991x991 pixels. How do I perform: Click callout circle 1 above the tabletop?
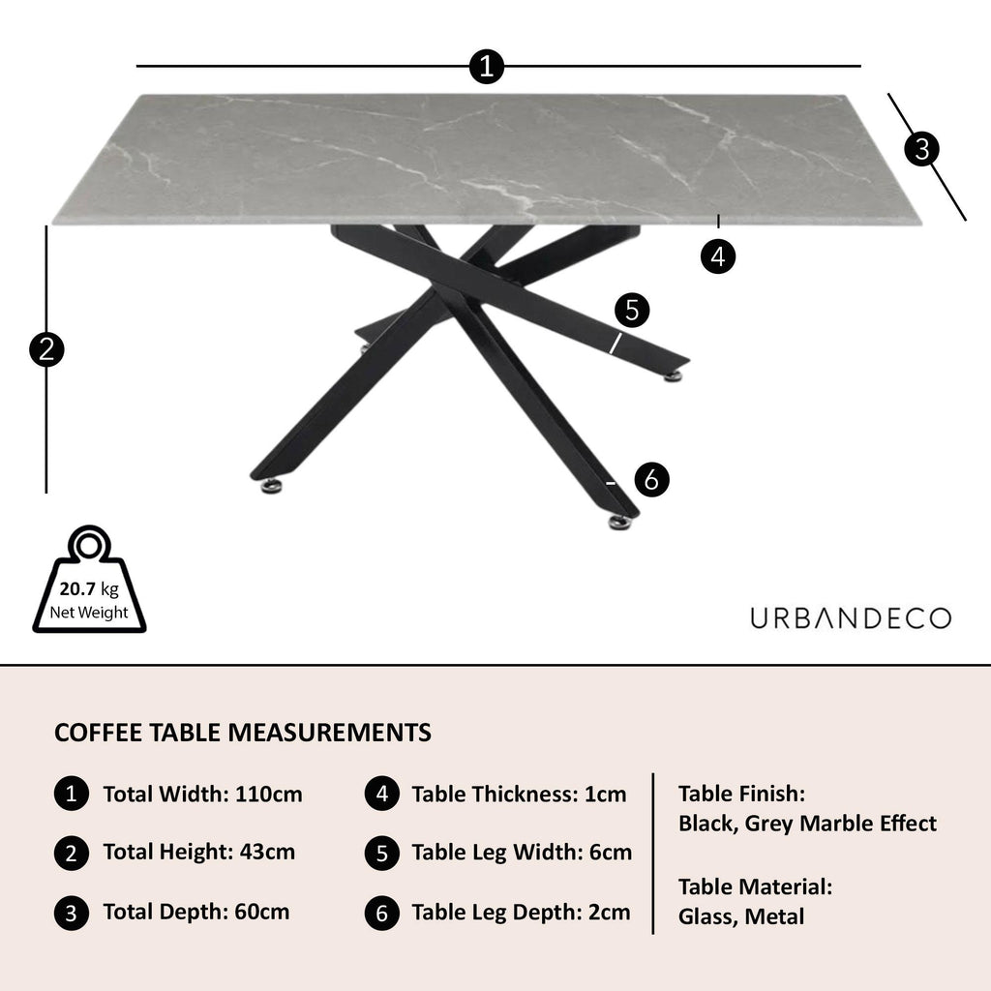pos(486,67)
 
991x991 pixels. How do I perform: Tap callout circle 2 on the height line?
pos(46,348)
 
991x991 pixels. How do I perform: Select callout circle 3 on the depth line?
pos(922,149)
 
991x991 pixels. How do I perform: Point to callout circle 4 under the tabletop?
pos(717,256)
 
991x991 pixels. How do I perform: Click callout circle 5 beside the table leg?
pos(632,311)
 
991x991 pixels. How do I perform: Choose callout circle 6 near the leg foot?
pos(651,479)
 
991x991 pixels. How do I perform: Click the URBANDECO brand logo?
pos(851,618)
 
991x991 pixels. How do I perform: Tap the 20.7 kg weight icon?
pos(89,583)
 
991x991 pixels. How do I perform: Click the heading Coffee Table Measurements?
pos(243,732)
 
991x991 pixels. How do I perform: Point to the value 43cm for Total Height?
pos(264,852)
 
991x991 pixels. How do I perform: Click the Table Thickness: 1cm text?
pos(519,795)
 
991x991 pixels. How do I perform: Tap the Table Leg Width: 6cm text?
pos(522,852)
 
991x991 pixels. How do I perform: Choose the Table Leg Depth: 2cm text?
pos(521,911)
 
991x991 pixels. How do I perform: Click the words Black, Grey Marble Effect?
pos(807,824)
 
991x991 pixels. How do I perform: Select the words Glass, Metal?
pos(740,916)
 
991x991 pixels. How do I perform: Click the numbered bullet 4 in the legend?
pos(382,795)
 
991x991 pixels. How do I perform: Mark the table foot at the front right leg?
pos(619,523)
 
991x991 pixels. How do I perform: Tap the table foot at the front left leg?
pos(268,483)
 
